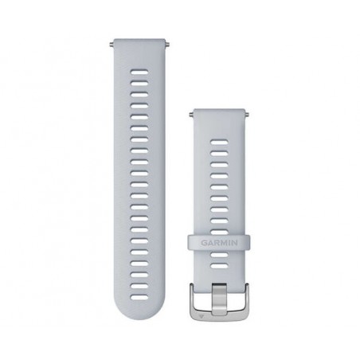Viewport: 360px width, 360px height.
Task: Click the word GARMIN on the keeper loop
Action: [x=219, y=243]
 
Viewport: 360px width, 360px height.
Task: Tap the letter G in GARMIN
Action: [x=204, y=243]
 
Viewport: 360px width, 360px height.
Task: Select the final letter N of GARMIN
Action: [x=235, y=243]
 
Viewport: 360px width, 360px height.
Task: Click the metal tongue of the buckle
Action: [x=219, y=299]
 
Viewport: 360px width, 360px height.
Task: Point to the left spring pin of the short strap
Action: [x=191, y=115]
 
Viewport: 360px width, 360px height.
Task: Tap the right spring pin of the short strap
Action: [x=247, y=115]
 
